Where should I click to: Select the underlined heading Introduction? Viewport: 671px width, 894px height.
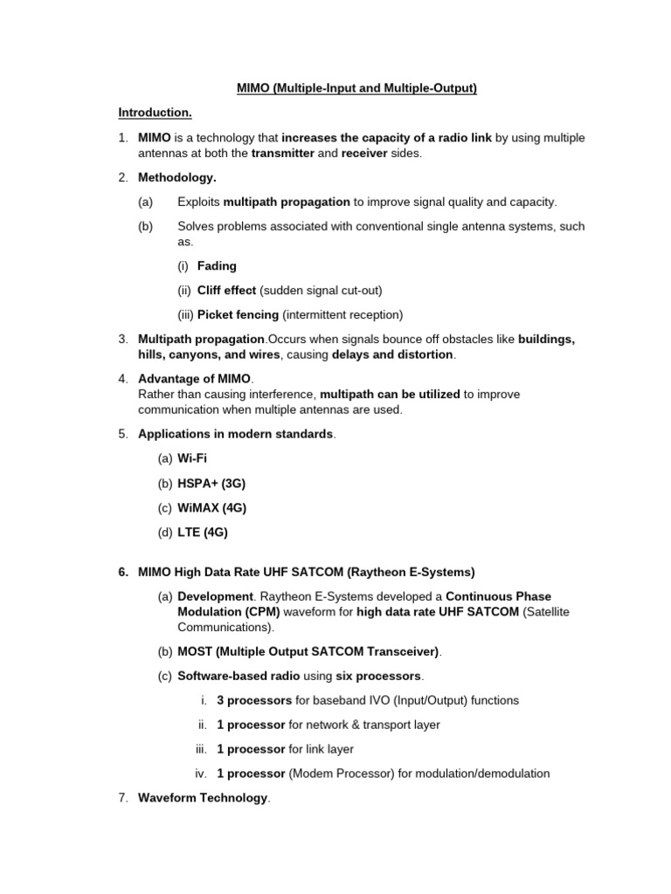[155, 113]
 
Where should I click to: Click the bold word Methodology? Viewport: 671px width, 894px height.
[176, 177]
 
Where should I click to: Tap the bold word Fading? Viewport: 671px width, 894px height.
[217, 265]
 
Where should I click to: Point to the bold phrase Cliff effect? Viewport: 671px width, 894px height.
[226, 290]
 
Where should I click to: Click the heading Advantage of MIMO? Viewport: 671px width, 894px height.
[194, 378]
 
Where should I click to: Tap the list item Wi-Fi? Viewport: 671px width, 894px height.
[192, 458]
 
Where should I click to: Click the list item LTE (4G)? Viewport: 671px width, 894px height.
[202, 532]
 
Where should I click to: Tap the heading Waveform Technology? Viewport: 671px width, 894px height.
[203, 798]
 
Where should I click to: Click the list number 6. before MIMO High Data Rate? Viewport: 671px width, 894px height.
[123, 572]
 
